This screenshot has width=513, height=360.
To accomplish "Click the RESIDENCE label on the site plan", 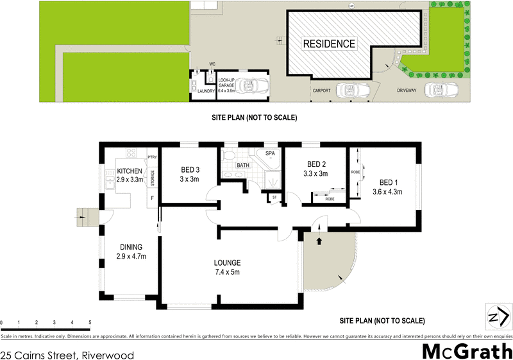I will (329, 44).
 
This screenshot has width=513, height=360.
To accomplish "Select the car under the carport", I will (351, 90).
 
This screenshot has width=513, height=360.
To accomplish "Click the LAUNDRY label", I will (206, 91).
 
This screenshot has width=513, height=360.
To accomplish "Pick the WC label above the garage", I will (212, 64).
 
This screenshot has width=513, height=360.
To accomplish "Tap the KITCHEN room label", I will (131, 172).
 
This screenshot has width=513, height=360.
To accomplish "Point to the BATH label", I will (242, 165).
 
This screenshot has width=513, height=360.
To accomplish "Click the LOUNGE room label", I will (228, 262).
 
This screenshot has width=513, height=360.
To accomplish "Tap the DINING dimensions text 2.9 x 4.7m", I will (131, 256).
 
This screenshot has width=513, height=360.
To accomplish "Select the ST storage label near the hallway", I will (274, 197).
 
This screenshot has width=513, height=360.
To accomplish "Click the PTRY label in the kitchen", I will (152, 157).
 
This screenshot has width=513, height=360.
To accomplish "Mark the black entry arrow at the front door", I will (319, 241).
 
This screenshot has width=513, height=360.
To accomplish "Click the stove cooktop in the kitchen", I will (132, 154).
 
